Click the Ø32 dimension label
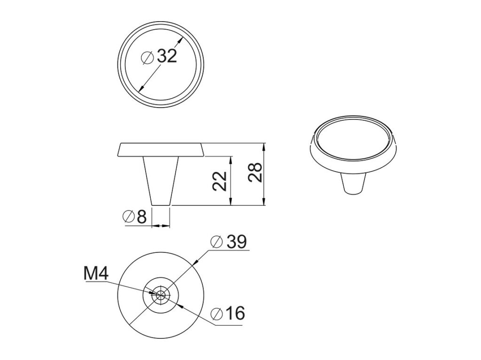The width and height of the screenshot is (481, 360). pyautogui.click(x=160, y=56)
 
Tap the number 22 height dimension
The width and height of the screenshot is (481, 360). pyautogui.click(x=220, y=181)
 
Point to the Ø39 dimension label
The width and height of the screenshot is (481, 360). pyautogui.click(x=229, y=242)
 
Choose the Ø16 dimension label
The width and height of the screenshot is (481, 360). pyautogui.click(x=228, y=313)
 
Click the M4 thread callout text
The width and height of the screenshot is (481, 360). pyautogui.click(x=96, y=274)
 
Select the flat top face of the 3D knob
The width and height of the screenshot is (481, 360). pyautogui.click(x=354, y=139)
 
